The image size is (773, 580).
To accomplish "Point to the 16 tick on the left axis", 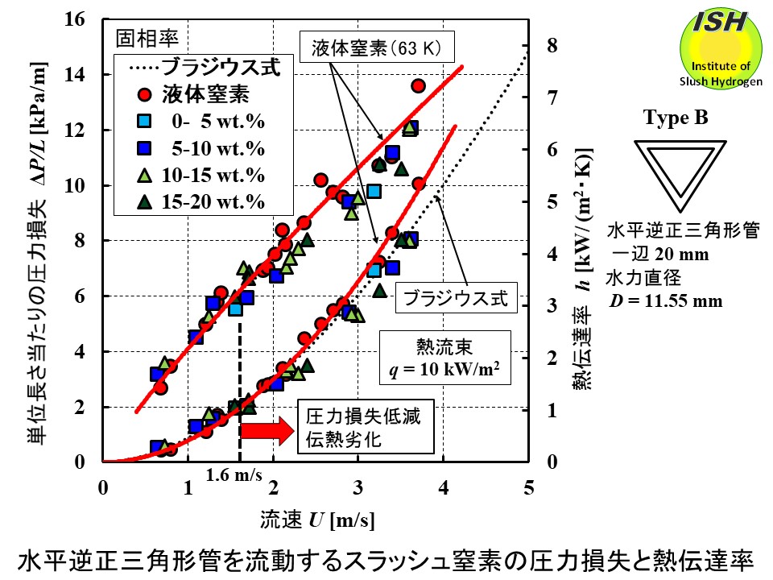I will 85,19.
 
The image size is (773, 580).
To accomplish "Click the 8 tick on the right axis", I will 552,46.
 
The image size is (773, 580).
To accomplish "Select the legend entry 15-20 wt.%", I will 213,201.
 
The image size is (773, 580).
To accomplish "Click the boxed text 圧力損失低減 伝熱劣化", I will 364,429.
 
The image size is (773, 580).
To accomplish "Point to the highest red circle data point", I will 418,85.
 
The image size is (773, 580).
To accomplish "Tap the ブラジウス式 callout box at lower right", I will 457,298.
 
